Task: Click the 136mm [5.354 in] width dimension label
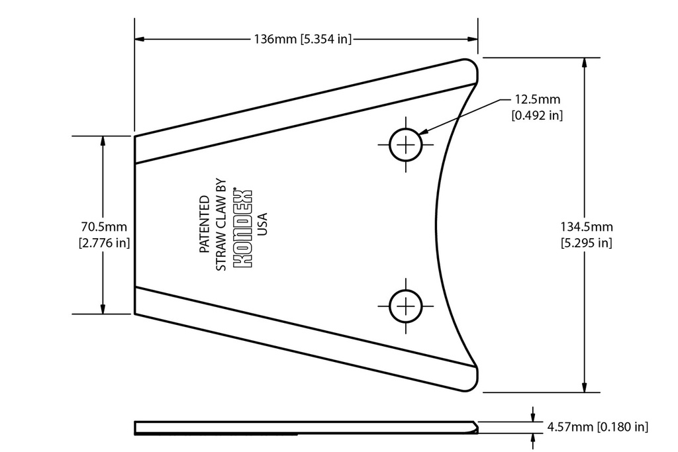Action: tap(303, 39)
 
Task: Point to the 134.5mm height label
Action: tap(586, 226)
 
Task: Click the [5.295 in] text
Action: tap(586, 242)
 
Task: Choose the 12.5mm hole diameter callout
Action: tap(537, 100)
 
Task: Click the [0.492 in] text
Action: tap(537, 115)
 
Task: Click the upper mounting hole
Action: tap(405, 144)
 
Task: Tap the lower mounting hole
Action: tap(405, 306)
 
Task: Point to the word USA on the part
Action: tap(262, 225)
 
